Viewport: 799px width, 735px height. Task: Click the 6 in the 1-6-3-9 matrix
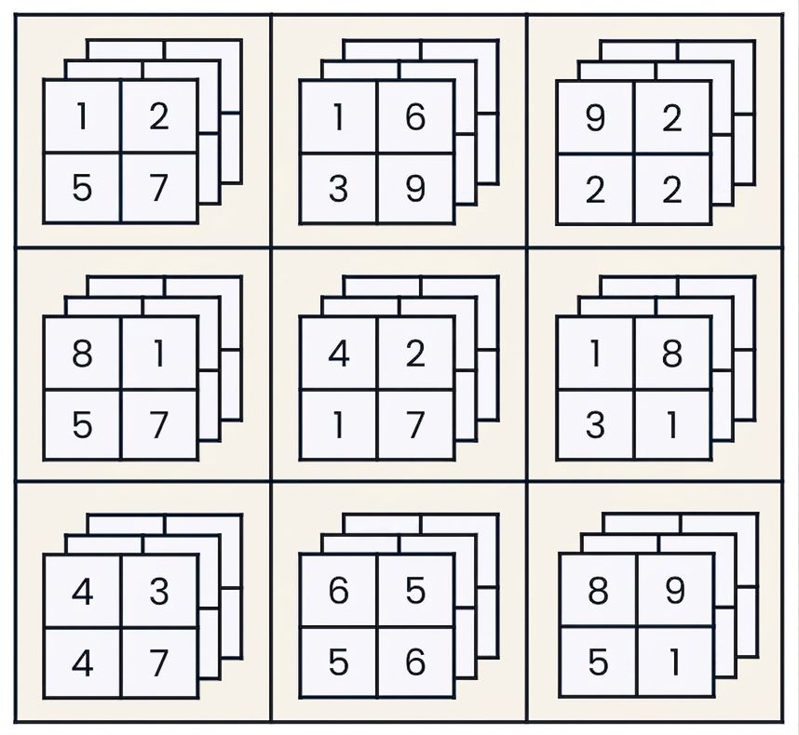click(x=415, y=117)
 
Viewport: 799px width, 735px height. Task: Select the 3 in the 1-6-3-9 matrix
click(x=338, y=189)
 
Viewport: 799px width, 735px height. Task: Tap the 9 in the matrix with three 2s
click(x=595, y=118)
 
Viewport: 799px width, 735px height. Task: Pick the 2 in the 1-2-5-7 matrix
click(x=159, y=116)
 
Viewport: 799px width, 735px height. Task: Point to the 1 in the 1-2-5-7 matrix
click(x=82, y=116)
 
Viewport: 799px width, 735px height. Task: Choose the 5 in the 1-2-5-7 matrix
click(x=82, y=188)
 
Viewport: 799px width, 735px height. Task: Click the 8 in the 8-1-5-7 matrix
click(x=82, y=354)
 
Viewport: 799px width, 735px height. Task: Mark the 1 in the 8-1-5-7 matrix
click(x=159, y=354)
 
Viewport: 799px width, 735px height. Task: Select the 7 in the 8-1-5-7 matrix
click(x=159, y=425)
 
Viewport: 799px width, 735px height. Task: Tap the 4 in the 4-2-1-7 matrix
click(x=338, y=354)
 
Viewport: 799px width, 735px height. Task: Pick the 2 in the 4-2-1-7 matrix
click(x=415, y=354)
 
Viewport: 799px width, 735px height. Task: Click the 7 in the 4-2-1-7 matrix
click(x=415, y=425)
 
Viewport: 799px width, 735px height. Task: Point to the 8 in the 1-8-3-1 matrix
click(x=672, y=354)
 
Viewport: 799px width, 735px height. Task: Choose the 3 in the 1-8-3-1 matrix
click(x=595, y=425)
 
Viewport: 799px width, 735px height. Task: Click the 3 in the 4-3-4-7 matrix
click(x=159, y=592)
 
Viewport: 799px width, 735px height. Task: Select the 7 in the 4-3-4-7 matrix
click(x=159, y=662)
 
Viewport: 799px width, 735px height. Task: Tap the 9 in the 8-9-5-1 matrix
click(x=674, y=591)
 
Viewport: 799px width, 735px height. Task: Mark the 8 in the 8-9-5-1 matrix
click(x=598, y=591)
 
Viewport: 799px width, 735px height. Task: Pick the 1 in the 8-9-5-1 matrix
click(x=675, y=662)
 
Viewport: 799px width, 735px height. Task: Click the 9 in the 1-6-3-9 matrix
click(x=415, y=189)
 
